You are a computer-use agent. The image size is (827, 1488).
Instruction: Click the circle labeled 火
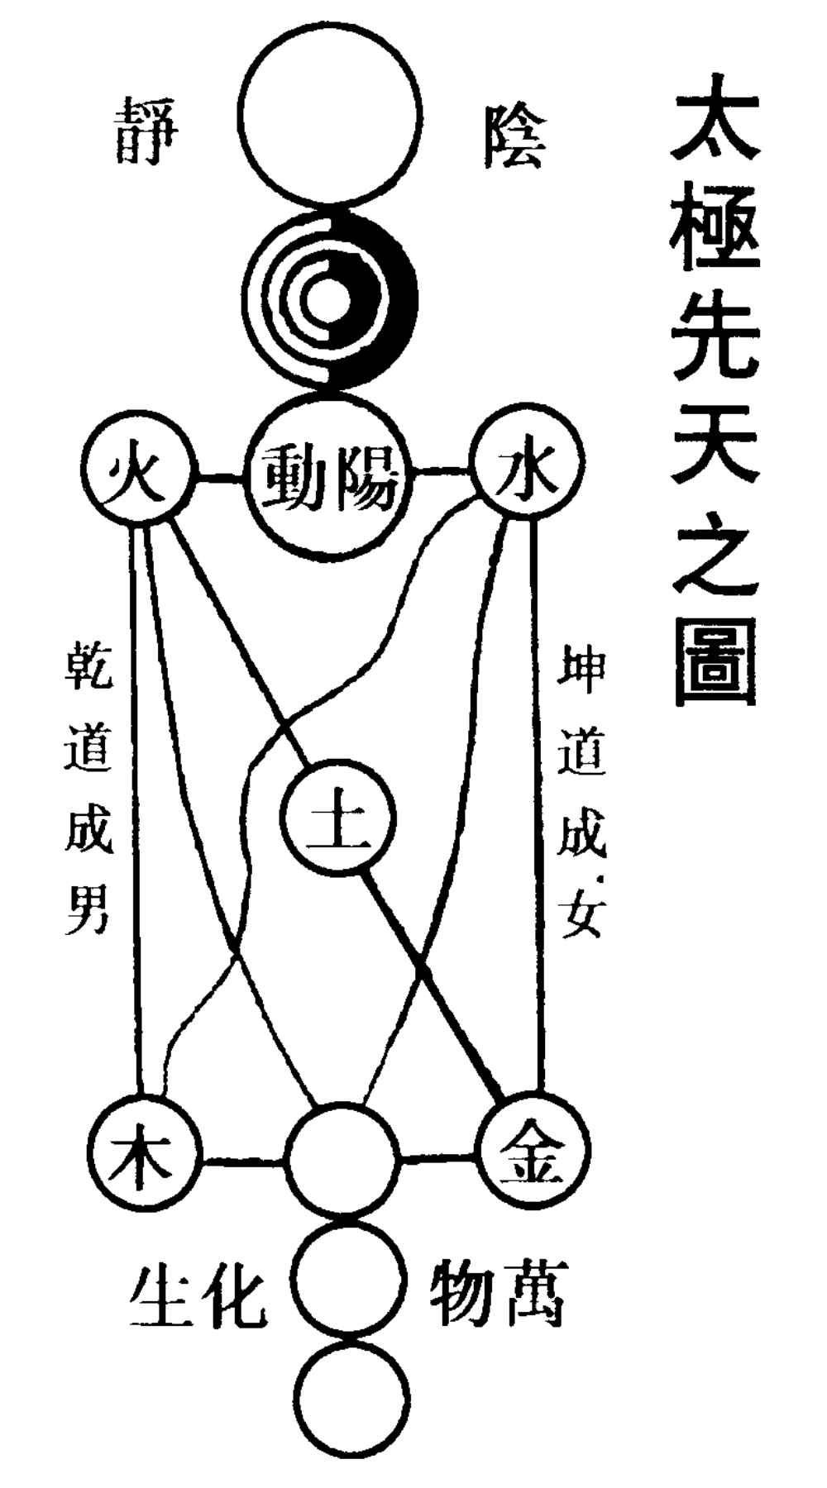[137, 475]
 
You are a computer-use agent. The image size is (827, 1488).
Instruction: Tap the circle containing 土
[339, 819]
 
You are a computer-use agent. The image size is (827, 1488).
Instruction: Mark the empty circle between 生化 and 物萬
[351, 1278]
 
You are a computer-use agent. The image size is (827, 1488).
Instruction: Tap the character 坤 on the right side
[581, 671]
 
